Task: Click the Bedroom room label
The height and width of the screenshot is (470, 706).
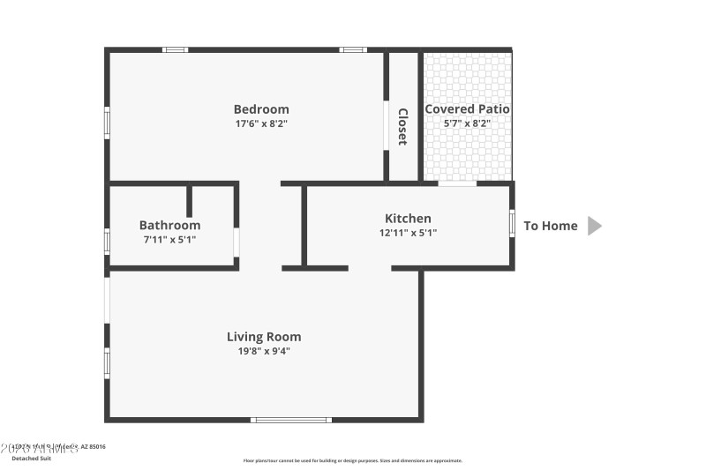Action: (261, 109)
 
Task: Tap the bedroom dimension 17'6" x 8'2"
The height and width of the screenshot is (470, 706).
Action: (261, 123)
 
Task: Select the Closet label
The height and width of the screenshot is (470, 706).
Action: (402, 126)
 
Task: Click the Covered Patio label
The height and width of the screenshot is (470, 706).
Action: (468, 109)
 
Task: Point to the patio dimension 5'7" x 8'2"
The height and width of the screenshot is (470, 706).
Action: (468, 123)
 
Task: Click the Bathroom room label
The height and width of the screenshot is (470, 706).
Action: (169, 226)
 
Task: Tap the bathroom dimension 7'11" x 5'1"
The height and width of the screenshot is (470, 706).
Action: (169, 239)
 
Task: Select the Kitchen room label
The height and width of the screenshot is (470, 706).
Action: (408, 219)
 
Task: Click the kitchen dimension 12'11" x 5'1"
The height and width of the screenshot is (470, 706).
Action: (408, 233)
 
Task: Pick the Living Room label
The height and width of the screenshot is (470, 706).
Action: (264, 337)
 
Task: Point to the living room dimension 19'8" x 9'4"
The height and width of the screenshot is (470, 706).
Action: (264, 351)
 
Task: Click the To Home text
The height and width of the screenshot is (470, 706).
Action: (551, 226)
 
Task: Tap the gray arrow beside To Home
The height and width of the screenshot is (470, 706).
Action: (594, 226)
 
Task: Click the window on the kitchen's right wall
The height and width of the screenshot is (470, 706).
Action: (512, 222)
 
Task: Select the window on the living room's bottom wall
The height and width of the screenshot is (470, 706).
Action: (291, 420)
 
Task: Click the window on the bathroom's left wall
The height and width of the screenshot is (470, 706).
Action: (107, 241)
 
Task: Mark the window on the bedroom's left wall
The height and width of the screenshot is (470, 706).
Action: (107, 122)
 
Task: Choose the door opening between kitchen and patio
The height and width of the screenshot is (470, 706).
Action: (457, 183)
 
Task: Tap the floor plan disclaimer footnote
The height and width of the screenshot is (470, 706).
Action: (352, 460)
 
